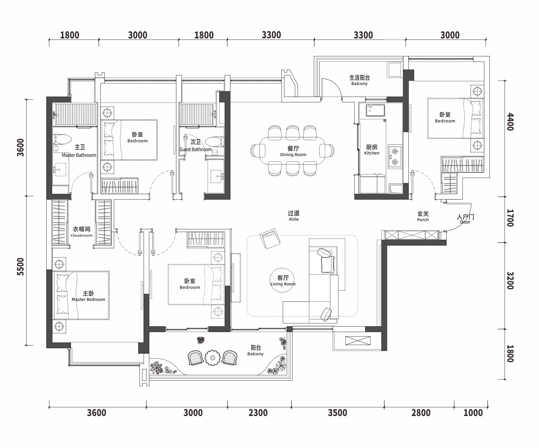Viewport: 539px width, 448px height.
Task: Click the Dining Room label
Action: tap(293, 151)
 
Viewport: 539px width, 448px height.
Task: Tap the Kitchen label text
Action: tap(372, 149)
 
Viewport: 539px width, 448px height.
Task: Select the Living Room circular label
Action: tap(282, 280)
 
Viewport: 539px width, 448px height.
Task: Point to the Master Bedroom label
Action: tap(88, 296)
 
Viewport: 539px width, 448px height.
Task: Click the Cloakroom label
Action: tap(82, 231)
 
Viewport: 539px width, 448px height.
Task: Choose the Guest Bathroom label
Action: tap(196, 145)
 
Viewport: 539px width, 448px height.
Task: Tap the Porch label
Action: tap(423, 216)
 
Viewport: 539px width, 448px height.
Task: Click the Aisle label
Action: tap(294, 216)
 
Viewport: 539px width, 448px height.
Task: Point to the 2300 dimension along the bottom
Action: tap(258, 413)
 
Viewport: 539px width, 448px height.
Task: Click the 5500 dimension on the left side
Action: tap(20, 267)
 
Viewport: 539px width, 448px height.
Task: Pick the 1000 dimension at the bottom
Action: tap(473, 413)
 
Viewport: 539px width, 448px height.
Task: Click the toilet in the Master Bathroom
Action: tap(62, 140)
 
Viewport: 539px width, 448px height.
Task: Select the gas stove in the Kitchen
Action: tap(395, 156)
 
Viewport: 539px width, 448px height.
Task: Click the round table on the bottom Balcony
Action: tap(212, 358)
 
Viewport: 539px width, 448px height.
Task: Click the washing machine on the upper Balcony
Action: tap(395, 69)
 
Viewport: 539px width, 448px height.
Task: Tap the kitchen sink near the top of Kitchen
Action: tap(375, 110)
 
